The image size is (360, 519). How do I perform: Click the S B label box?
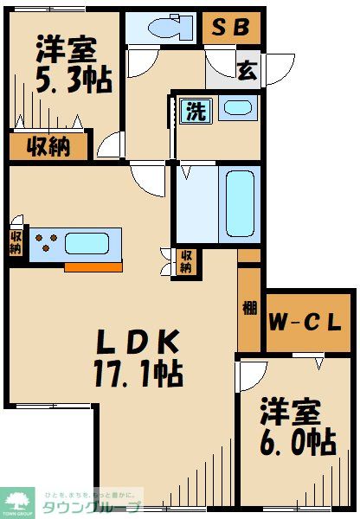pos(231,27)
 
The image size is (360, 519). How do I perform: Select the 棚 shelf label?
pos(248,308)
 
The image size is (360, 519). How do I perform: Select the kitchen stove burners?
pos(47,244)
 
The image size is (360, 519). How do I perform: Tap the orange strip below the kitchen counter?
pos(93,266)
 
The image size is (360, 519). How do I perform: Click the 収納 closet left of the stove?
pos(16,241)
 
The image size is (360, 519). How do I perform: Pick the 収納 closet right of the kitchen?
pos(185,262)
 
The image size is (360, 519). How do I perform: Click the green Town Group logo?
pos(16,503)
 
